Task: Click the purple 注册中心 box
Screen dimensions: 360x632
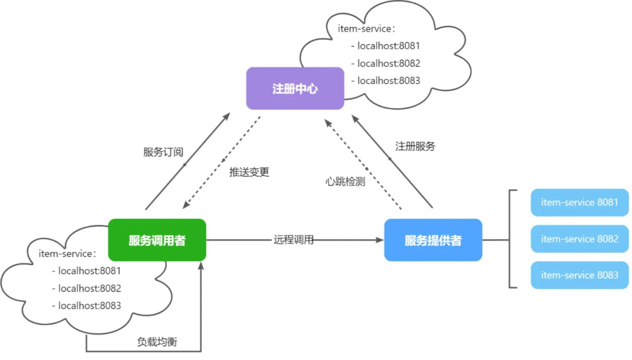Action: point(295,89)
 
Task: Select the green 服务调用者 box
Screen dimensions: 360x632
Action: point(157,240)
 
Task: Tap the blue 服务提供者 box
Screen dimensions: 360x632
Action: point(433,240)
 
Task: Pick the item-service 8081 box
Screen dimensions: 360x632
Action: point(579,202)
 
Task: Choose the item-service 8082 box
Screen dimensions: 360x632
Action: point(579,239)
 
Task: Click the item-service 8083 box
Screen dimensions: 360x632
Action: point(579,275)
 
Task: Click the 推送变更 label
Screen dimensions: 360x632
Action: point(250,173)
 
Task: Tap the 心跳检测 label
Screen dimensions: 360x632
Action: point(345,182)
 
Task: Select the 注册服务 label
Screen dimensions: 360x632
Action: point(415,146)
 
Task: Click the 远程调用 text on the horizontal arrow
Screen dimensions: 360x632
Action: point(294,240)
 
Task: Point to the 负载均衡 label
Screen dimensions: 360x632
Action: point(157,342)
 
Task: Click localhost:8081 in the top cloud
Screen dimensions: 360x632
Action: point(388,46)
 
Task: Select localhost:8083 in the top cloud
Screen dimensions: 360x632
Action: point(388,81)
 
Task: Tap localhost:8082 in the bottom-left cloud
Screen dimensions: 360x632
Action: point(89,288)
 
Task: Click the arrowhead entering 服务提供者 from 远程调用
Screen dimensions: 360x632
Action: point(380,240)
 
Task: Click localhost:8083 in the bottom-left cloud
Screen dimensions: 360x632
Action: point(89,306)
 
